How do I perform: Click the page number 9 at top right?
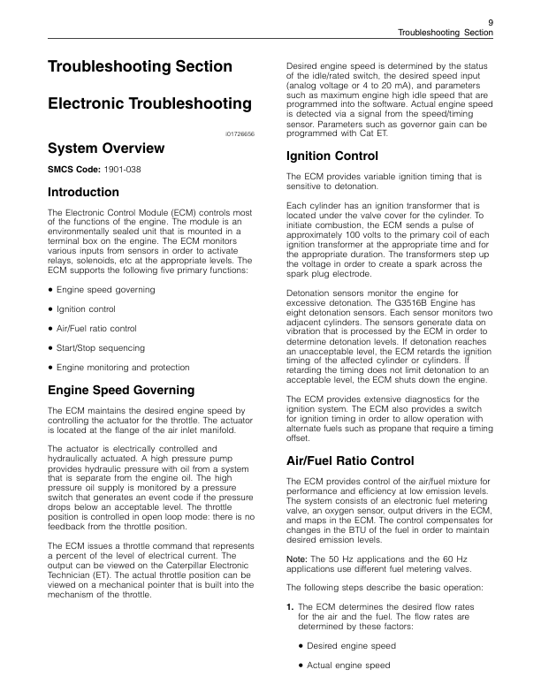tap(489, 20)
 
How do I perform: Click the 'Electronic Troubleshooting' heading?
tap(149, 104)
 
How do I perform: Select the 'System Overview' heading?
tap(105, 148)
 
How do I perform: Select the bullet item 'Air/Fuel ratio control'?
tap(96, 328)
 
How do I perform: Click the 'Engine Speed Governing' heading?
tap(120, 390)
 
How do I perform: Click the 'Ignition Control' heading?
tap(333, 156)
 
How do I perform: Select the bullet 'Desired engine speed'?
tap(352, 646)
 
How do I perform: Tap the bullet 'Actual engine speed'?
tap(349, 666)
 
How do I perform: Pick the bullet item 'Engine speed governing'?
tap(105, 289)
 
